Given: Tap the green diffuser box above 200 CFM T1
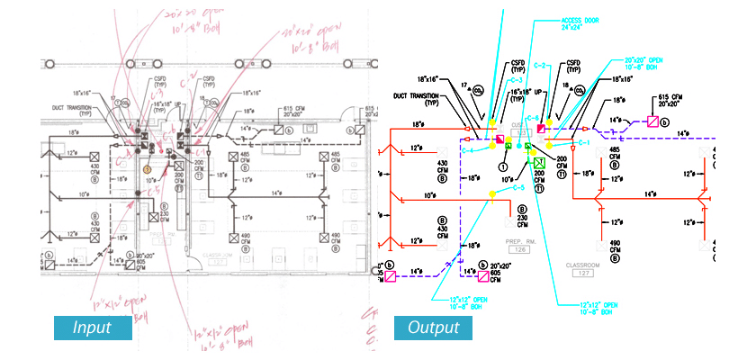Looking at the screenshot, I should (540, 163).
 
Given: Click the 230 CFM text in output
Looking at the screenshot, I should (521, 221).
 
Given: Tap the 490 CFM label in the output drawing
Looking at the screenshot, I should (616, 248).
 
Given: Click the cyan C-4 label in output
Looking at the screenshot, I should (468, 149).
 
